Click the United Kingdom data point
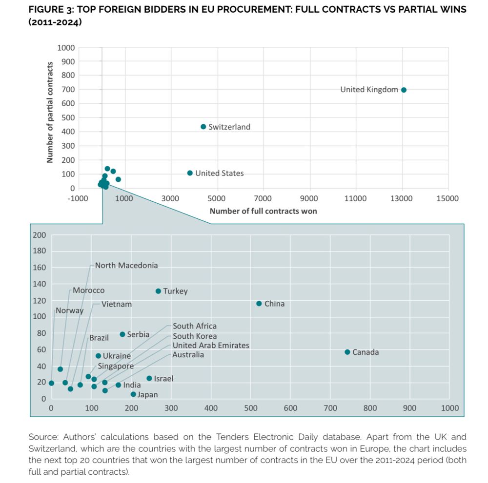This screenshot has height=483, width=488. click(404, 90)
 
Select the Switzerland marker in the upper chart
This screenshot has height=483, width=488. click(203, 127)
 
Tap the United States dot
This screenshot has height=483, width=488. click(190, 173)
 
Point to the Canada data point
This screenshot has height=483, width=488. click(347, 352)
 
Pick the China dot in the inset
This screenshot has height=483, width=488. click(259, 304)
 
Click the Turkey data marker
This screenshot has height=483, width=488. click(158, 291)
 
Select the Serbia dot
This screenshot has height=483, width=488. click(122, 334)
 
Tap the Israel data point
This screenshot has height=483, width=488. click(149, 378)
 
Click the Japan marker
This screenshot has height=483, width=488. click(133, 394)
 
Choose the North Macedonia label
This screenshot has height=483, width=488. click(126, 266)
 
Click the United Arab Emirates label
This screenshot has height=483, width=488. click(211, 346)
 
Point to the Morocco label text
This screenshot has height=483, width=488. click(88, 290)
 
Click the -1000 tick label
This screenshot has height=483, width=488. click(79, 198)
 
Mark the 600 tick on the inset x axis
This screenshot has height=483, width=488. click(290, 408)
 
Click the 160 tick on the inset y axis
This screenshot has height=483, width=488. click(39, 268)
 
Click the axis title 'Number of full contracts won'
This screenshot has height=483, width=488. click(263, 211)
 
